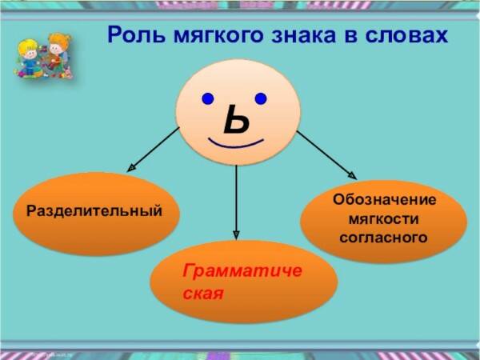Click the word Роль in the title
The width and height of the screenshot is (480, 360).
point(137,34)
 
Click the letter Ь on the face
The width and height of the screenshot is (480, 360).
point(236,119)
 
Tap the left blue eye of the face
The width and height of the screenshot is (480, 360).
point(208,99)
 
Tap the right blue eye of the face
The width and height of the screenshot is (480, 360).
point(261,98)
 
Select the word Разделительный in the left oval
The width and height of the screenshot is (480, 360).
point(94,211)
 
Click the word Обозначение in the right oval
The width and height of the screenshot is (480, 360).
point(385,200)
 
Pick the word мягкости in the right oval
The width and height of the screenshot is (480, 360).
point(383,219)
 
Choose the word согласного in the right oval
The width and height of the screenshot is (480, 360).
point(383,238)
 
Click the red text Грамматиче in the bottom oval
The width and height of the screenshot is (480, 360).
point(242,271)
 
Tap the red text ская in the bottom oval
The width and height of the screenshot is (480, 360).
point(203,294)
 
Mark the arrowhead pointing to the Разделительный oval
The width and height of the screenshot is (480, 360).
point(131,168)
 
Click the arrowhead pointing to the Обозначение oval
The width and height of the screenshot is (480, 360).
point(352,175)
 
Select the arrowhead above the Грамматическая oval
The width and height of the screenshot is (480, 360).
point(236,234)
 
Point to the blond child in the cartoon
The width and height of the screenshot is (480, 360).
point(29,58)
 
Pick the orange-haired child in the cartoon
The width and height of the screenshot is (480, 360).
point(58,51)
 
